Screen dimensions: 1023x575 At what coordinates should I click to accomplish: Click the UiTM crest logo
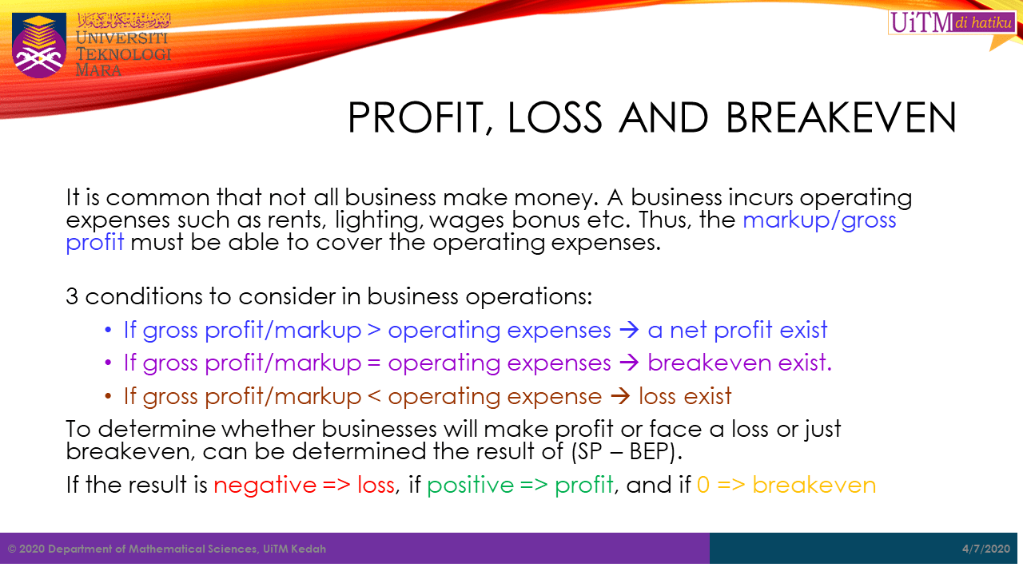click(39, 45)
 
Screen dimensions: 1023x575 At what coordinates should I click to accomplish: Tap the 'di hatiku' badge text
click(983, 22)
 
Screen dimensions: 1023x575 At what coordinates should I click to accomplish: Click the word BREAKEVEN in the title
click(841, 117)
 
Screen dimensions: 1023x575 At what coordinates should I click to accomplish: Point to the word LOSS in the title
click(555, 117)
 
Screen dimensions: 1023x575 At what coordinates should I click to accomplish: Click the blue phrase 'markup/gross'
click(819, 220)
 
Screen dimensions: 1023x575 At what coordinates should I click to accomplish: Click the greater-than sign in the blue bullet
click(374, 330)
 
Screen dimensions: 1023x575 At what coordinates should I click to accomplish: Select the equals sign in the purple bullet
click(374, 363)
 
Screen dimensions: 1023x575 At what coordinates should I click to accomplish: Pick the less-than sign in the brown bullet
click(374, 396)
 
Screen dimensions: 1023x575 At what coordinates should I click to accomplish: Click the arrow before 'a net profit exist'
click(629, 330)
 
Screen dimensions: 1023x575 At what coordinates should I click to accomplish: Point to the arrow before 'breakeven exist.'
click(629, 363)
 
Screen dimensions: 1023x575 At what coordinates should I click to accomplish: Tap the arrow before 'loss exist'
click(619, 396)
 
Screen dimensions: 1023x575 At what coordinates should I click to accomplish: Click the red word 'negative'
click(265, 485)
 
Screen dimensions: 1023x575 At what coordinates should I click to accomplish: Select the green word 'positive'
click(471, 485)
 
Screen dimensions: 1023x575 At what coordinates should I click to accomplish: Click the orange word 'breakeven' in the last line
click(814, 485)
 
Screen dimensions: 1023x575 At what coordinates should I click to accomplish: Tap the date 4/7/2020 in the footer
click(986, 549)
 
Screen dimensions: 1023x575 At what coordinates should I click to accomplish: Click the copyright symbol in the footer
click(12, 549)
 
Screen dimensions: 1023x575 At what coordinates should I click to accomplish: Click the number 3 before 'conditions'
click(72, 296)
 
